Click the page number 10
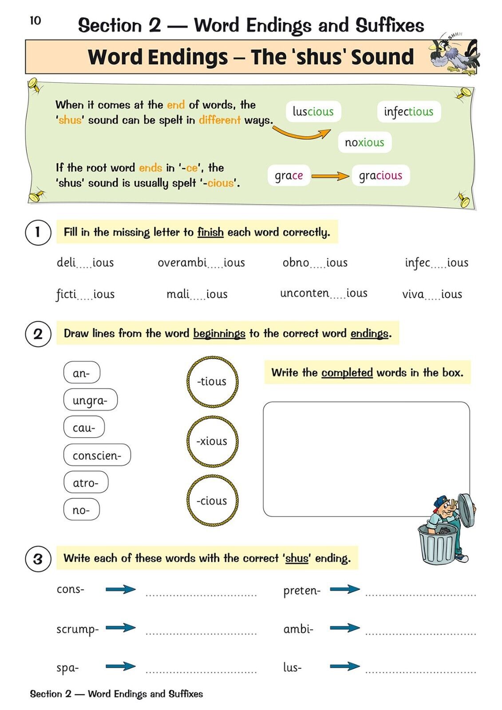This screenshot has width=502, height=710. (x=35, y=20)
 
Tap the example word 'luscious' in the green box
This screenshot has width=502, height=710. (x=313, y=111)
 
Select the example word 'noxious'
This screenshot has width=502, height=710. (x=364, y=142)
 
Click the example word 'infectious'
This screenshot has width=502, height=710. (x=408, y=111)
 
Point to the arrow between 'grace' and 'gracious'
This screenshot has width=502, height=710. (x=330, y=176)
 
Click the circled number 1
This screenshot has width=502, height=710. (x=38, y=232)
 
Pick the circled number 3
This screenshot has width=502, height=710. (x=38, y=559)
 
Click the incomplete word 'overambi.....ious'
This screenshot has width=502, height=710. (x=201, y=263)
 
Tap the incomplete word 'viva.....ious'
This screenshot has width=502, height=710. (x=432, y=294)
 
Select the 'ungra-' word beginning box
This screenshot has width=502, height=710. (x=90, y=400)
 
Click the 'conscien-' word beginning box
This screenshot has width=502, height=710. (x=97, y=455)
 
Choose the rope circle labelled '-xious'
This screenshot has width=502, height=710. (x=212, y=441)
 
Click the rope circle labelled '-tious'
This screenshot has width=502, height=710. (x=212, y=381)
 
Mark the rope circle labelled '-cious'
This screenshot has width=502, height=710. (x=212, y=501)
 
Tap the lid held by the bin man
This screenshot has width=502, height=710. (x=466, y=510)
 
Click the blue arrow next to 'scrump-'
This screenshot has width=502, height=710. (x=121, y=627)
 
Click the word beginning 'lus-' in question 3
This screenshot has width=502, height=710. (x=292, y=667)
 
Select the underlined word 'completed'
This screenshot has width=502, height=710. (x=347, y=373)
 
